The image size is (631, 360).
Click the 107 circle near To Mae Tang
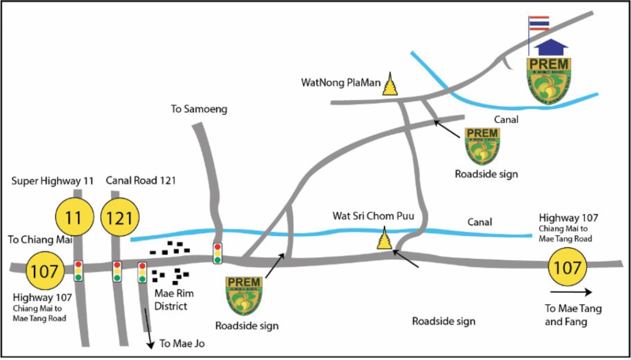click(x=567, y=267)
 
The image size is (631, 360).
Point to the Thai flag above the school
click(x=539, y=23)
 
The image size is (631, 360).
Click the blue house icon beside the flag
click(x=551, y=47)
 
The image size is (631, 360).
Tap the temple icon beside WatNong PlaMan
click(x=391, y=85)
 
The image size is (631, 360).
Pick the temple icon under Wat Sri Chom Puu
click(x=385, y=239)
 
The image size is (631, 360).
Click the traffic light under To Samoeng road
click(x=218, y=253)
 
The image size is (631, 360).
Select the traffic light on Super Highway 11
click(x=78, y=271)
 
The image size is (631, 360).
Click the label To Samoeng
click(x=199, y=109)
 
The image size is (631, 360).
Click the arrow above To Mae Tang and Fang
click(x=571, y=292)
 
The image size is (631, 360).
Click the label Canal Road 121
click(x=141, y=181)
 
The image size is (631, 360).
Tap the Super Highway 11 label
click(x=53, y=181)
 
